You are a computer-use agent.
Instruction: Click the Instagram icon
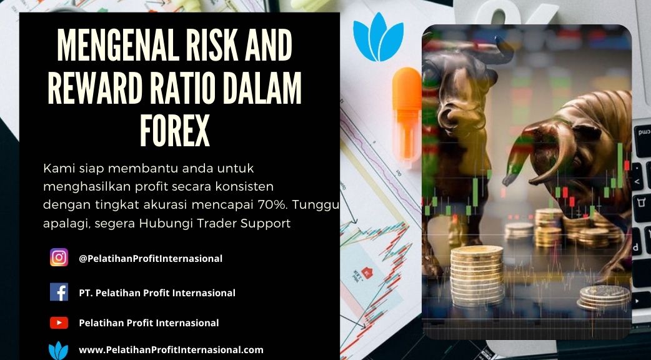59,257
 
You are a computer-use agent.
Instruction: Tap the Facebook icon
59,292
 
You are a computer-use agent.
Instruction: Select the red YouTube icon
59,322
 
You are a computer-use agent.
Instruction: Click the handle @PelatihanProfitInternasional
151,258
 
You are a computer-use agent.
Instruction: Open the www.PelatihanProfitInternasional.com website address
171,350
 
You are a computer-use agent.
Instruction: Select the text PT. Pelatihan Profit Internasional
157,292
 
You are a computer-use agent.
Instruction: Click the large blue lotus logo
378,37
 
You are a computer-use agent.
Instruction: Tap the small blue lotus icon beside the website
59,351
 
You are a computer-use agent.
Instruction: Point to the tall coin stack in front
477,275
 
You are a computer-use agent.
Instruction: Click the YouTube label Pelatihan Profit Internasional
149,322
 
